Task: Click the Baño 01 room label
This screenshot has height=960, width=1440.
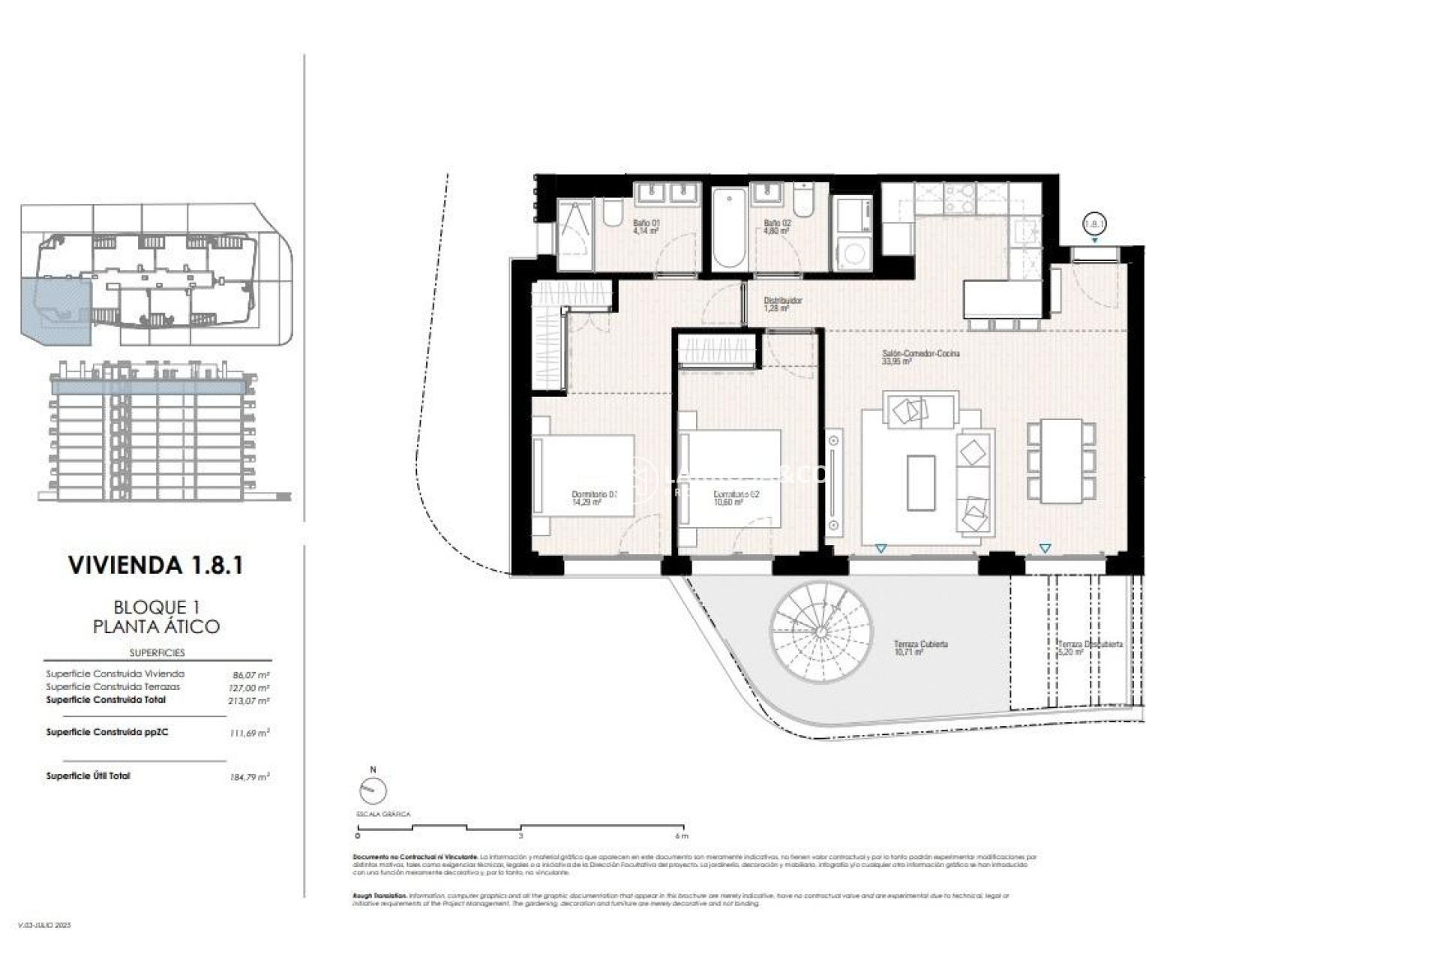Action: tap(645, 226)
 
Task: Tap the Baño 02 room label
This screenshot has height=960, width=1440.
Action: tap(776, 226)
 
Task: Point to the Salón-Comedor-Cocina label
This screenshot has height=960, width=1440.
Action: tap(919, 356)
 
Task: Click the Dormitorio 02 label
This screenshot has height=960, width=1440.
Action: tap(736, 498)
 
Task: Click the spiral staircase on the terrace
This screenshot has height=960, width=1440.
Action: tap(821, 631)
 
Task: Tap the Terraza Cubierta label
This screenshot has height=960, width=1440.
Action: tap(920, 647)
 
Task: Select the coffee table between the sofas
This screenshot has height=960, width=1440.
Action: tap(920, 482)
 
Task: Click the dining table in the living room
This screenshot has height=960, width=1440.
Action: tap(1060, 460)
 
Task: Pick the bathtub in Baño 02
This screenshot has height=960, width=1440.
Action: tap(728, 229)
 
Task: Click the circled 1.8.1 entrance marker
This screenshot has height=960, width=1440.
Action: tap(1095, 223)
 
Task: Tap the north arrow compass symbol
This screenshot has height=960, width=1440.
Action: tap(373, 790)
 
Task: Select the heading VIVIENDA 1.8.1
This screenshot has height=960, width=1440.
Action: tap(156, 565)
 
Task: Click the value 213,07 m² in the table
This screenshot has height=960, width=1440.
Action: tap(248, 701)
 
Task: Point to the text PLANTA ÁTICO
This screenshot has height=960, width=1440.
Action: tap(156, 626)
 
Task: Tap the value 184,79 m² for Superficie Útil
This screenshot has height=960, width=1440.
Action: tap(248, 778)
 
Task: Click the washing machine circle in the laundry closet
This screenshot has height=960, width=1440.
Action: tap(853, 253)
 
